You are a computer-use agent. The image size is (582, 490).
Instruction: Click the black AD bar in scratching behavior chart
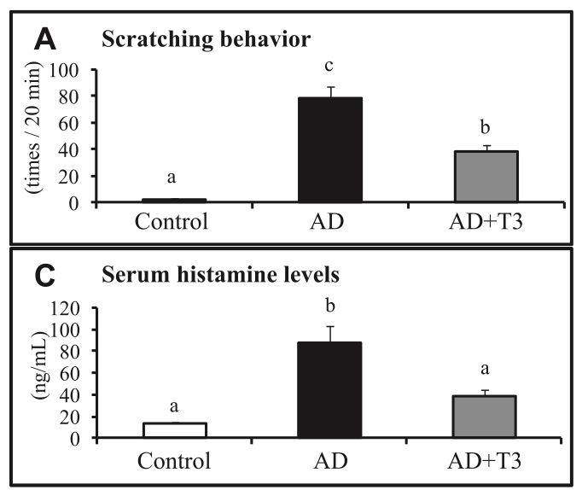(x=330, y=149)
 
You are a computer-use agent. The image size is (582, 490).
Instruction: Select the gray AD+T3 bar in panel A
(x=486, y=177)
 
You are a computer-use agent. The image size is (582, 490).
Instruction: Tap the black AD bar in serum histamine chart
(x=329, y=390)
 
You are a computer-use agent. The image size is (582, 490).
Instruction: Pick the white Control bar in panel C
(x=175, y=430)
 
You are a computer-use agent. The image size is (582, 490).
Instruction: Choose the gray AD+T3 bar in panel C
(x=485, y=417)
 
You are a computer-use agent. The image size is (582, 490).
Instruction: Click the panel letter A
(x=45, y=40)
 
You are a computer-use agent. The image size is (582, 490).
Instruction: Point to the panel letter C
(x=45, y=276)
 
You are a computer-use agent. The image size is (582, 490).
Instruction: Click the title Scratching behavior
(x=206, y=39)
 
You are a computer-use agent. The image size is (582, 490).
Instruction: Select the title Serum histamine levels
(x=220, y=275)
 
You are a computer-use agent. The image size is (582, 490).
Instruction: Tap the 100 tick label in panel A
(x=63, y=70)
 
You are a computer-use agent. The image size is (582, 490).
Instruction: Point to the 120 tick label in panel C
(x=65, y=308)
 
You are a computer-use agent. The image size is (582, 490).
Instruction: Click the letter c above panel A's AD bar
(x=329, y=66)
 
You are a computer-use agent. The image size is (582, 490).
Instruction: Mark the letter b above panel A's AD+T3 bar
(x=485, y=127)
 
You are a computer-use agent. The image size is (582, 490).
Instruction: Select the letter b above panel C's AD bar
(x=330, y=306)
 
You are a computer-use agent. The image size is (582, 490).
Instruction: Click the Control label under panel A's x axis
(x=172, y=222)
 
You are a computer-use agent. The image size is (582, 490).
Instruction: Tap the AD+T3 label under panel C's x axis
(x=485, y=461)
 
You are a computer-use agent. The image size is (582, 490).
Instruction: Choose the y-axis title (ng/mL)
(x=40, y=365)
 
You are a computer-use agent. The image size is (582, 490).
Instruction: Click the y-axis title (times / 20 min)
(x=33, y=127)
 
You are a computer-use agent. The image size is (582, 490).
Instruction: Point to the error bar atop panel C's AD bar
(x=330, y=334)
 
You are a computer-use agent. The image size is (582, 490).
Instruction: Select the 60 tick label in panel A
(x=68, y=123)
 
